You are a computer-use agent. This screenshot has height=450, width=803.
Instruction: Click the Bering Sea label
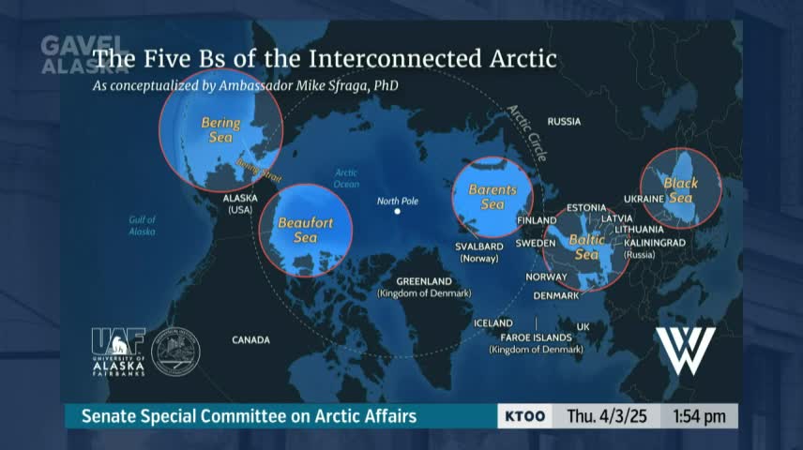coord(220,130)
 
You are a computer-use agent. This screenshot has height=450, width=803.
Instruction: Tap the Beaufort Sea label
coord(306,230)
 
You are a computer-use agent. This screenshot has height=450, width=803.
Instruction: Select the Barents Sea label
coord(492,197)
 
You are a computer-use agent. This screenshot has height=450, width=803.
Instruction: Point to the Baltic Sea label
coord(586,247)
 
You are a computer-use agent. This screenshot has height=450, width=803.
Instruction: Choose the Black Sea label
coord(680,190)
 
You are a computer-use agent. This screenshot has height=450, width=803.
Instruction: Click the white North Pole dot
coord(398,212)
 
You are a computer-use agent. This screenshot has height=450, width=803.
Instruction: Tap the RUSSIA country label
coord(564,122)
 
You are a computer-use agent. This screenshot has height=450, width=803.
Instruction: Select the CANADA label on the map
coord(250,340)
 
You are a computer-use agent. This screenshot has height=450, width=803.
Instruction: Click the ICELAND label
coord(493,323)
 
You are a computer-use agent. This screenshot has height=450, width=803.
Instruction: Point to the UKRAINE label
coord(644,200)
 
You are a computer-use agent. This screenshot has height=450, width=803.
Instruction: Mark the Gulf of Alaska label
coord(143,225)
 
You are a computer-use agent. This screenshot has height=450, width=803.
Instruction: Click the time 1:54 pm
coord(698,415)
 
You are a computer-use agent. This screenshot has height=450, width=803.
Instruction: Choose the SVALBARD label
coord(479,247)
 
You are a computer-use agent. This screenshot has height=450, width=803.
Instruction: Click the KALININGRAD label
coord(655,242)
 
